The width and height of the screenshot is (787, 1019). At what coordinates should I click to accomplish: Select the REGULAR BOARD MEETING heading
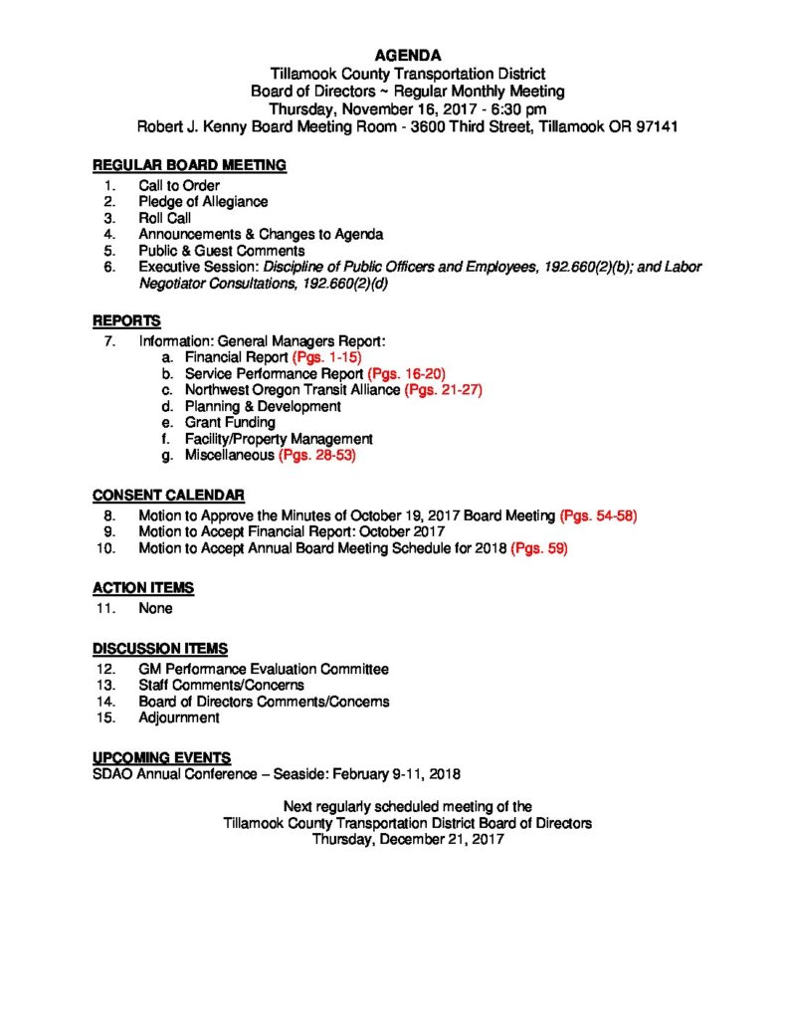click(189, 165)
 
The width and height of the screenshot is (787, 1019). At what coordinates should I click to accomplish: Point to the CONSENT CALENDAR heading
click(168, 496)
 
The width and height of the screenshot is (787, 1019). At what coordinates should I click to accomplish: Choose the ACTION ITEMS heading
click(143, 588)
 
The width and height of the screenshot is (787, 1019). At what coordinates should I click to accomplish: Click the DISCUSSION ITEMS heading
click(160, 649)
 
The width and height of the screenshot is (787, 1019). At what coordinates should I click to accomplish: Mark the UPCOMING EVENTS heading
click(162, 756)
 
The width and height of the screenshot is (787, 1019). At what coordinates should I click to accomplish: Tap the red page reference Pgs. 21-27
click(443, 390)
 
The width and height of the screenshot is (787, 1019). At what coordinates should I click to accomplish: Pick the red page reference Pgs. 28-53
click(316, 455)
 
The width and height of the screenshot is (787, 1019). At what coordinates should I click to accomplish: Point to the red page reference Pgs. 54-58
click(598, 515)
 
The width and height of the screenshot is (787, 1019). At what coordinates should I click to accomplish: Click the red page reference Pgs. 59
click(538, 548)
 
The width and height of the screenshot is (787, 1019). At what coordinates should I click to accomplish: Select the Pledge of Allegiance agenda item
click(203, 201)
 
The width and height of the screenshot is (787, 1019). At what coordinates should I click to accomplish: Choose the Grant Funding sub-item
click(230, 422)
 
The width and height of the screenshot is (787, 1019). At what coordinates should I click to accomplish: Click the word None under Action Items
click(155, 608)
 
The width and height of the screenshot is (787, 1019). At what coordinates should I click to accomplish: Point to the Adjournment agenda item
click(179, 717)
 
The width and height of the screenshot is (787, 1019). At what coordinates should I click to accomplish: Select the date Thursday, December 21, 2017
click(408, 839)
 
